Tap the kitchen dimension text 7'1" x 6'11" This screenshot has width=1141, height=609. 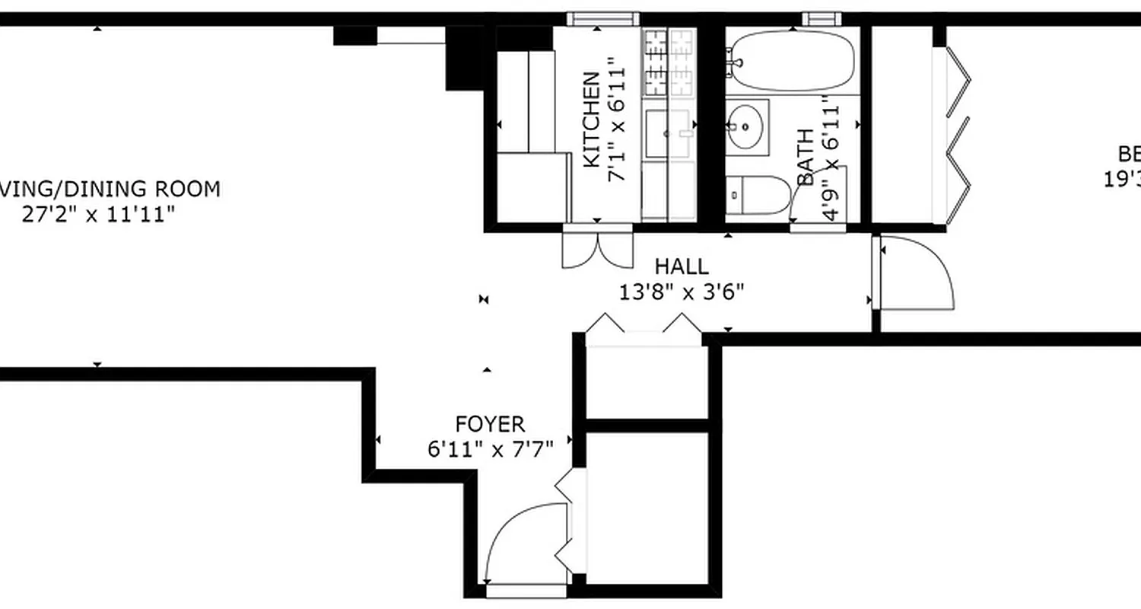617,124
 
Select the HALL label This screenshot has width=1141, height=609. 682,266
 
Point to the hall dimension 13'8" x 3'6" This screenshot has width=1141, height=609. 682,292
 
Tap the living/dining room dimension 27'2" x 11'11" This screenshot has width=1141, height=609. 99,214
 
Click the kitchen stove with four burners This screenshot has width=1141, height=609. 669,63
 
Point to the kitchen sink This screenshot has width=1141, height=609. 668,134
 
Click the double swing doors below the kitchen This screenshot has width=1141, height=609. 598,248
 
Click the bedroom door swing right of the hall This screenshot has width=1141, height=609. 913,272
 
